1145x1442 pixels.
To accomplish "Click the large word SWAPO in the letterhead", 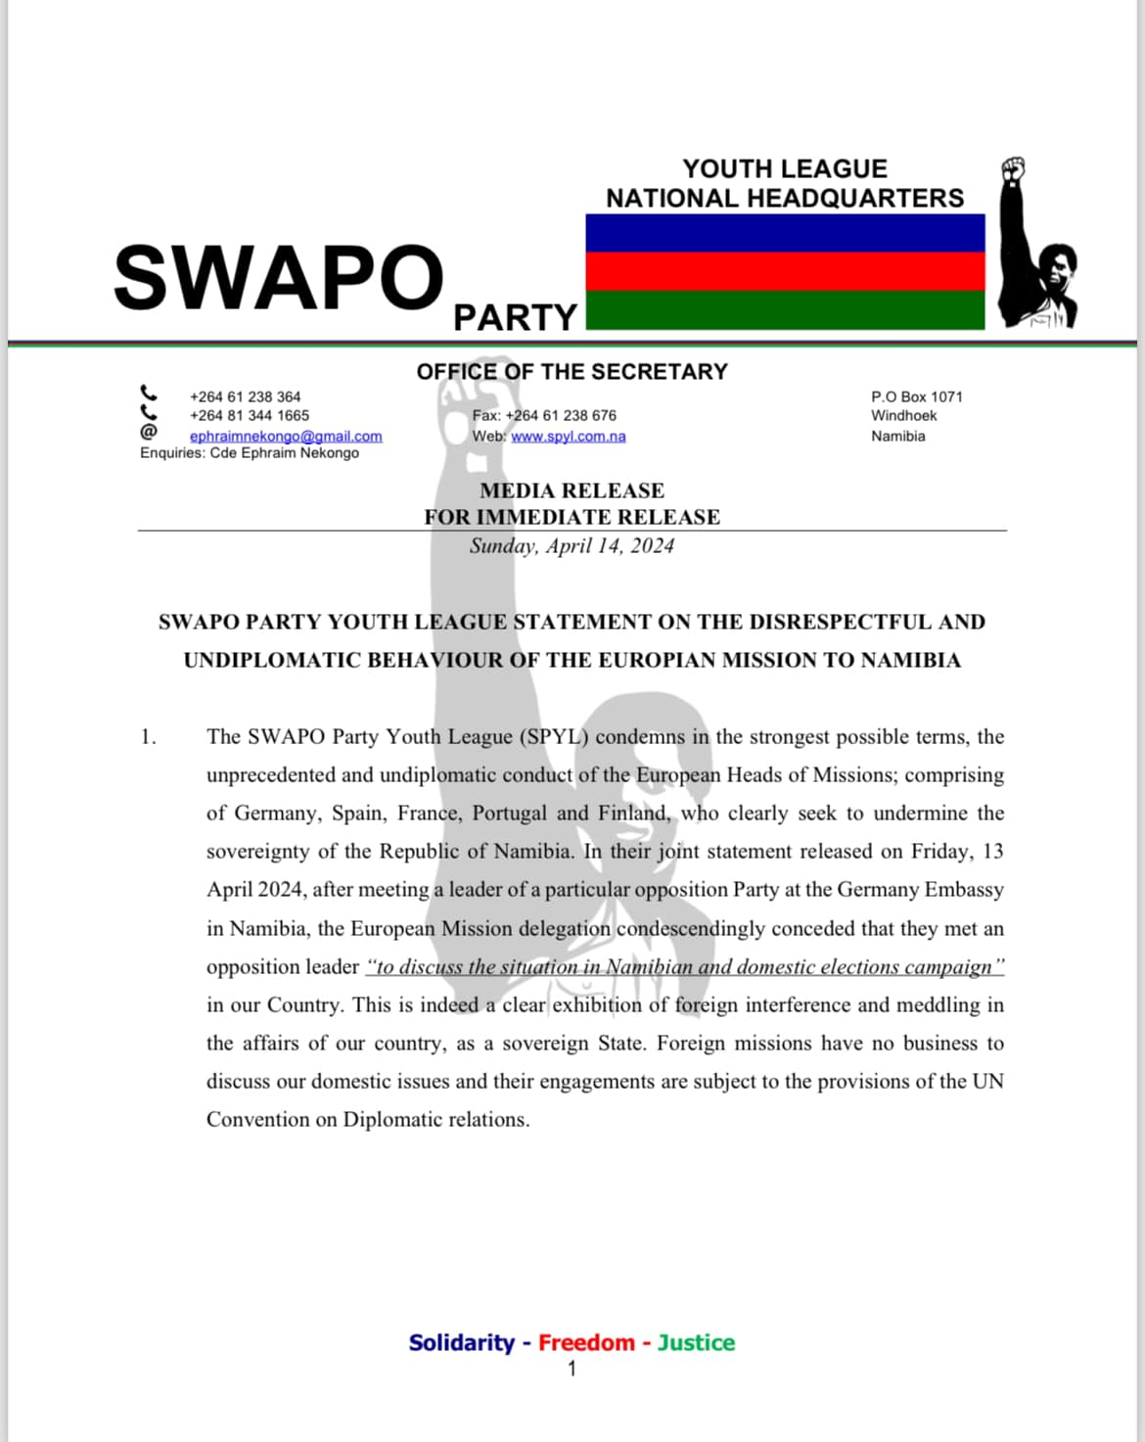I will click(x=278, y=277).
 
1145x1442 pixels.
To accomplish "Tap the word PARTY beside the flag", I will click(x=515, y=317).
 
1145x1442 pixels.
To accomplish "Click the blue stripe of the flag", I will click(x=785, y=233).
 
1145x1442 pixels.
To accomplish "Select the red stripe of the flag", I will click(x=785, y=271).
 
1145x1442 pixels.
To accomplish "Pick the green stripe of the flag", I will click(x=785, y=309).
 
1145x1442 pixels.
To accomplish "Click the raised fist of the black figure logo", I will click(x=1013, y=168).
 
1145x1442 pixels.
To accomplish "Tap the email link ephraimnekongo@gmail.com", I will click(x=286, y=436).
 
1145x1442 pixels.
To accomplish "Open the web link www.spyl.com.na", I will click(x=568, y=436).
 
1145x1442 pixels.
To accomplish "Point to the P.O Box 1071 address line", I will click(x=916, y=396).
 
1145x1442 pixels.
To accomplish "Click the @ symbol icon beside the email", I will click(x=148, y=432).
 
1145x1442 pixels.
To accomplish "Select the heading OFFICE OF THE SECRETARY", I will click(x=572, y=372).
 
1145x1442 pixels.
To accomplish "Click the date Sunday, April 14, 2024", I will click(x=572, y=546).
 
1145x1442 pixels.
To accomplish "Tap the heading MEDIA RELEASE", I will click(x=572, y=490).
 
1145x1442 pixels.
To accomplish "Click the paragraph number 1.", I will click(x=148, y=737).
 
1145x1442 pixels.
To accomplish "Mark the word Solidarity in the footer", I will click(x=461, y=1342).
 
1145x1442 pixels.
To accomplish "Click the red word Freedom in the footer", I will click(x=586, y=1342).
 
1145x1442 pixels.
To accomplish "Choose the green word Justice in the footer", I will click(x=695, y=1342).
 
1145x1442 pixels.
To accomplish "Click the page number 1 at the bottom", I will click(x=572, y=1369).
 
